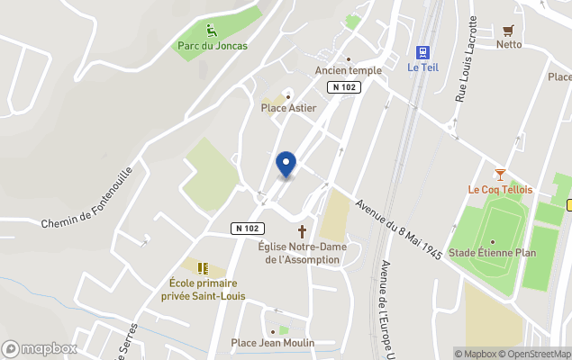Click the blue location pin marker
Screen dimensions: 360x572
(286, 164)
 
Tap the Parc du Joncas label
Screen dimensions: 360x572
(213, 46)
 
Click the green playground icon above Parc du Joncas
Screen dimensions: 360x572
(212, 31)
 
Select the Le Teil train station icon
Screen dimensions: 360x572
(422, 51)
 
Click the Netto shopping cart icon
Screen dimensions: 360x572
(509, 29)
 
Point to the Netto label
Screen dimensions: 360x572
(509, 44)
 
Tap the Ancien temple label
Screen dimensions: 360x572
(349, 70)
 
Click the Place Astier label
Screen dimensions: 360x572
(288, 108)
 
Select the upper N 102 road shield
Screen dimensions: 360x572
(343, 86)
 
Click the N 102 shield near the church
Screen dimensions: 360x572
(248, 229)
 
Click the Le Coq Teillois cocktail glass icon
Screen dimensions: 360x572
(500, 175)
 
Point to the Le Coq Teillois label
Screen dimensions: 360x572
(500, 190)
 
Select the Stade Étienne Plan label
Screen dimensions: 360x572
(492, 253)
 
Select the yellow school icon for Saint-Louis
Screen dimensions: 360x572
(203, 267)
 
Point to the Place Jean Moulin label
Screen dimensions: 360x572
(273, 343)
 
